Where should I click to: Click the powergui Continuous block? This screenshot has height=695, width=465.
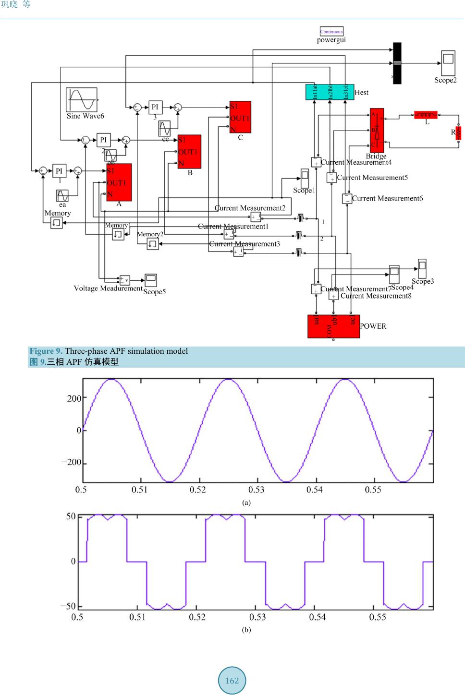click(331, 32)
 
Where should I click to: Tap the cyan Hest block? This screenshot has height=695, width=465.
click(330, 92)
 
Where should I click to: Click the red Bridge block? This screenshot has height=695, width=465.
click(377, 130)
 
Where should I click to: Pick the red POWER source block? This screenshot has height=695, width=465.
click(333, 326)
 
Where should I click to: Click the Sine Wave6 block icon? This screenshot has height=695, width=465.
click(82, 100)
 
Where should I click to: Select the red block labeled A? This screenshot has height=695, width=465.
click(119, 182)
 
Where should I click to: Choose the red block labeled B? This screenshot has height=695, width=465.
click(189, 152)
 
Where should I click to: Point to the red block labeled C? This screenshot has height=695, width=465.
click(240, 118)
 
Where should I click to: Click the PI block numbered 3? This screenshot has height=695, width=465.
click(155, 107)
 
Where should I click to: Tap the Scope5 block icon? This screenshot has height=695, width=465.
click(150, 280)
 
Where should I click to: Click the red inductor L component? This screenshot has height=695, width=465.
click(426, 115)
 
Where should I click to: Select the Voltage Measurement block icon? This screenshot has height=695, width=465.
click(124, 280)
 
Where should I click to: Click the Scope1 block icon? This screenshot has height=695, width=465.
click(305, 178)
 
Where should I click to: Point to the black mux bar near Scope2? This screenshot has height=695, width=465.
click(397, 63)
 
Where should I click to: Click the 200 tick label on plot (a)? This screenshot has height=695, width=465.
click(74, 398)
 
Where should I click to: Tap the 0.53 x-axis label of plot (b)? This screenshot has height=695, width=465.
click(257, 617)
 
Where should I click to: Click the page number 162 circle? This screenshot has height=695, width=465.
click(232, 680)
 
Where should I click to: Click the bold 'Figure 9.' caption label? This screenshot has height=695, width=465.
click(46, 351)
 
